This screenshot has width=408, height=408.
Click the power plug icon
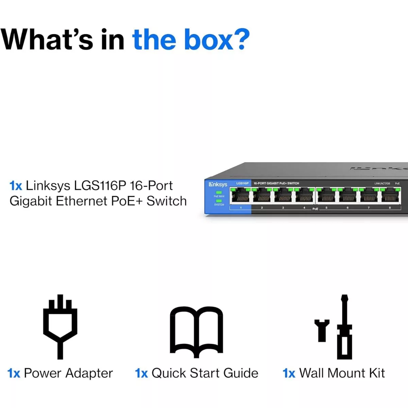[60, 326]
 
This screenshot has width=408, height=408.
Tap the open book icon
[196, 331]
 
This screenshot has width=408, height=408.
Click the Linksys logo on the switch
[218, 184]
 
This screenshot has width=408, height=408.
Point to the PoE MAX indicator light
[219, 192]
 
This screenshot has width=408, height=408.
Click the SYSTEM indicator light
[219, 201]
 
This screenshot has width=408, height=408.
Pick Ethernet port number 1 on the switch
[241, 196]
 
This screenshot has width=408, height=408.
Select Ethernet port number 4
[304, 196]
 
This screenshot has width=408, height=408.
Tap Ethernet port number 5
[326, 196]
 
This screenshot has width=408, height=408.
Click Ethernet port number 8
[390, 196]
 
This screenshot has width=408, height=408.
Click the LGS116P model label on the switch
[242, 183]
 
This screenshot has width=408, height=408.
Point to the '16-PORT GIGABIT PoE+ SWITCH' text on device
[276, 183]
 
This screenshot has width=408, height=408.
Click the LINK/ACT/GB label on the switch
[382, 184]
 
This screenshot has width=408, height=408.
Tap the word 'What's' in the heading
[47, 40]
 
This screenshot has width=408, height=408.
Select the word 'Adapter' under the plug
[89, 373]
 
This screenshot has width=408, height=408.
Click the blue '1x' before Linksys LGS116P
[16, 186]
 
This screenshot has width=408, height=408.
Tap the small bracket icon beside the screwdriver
[322, 330]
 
